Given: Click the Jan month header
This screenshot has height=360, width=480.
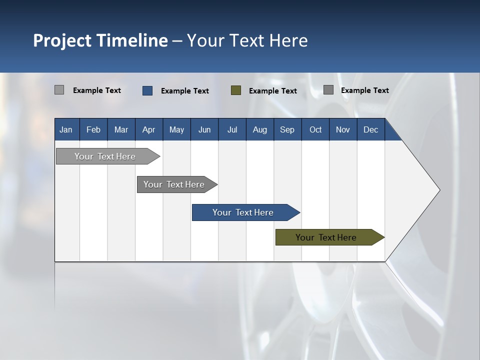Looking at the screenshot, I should point(66,129).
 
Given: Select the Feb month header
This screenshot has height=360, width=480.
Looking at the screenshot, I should point(93,129).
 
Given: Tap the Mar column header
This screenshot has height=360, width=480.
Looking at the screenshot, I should point(121,129).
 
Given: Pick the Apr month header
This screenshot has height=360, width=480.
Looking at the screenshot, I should point(149,129).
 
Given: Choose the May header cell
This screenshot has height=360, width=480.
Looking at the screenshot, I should point(176,129).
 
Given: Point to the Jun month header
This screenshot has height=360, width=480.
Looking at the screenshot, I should point(204,129).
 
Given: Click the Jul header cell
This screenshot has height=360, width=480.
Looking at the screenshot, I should point(232,129).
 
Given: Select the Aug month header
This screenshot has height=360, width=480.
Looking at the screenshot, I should point(260,129).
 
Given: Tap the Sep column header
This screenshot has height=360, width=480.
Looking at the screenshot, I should point(287,129).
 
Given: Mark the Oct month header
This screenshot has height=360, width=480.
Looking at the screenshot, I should point(315,129).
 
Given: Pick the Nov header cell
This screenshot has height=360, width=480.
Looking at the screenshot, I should point(343,129).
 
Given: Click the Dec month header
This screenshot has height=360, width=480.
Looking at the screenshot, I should point(371,129).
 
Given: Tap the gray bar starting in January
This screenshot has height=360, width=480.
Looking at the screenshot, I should point(105,156).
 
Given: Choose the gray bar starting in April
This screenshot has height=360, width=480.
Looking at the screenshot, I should point(174,184).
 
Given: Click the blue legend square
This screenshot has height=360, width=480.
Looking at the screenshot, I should point(147,90).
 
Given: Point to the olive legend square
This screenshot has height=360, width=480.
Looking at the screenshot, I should point(236,90).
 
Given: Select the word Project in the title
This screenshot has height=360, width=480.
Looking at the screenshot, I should point(62,40).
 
